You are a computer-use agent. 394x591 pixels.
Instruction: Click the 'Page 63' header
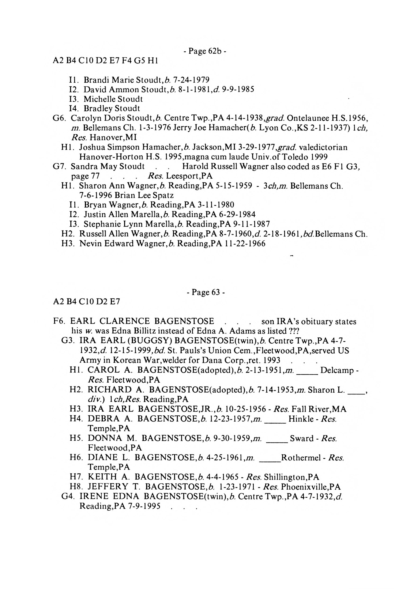(205, 292)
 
